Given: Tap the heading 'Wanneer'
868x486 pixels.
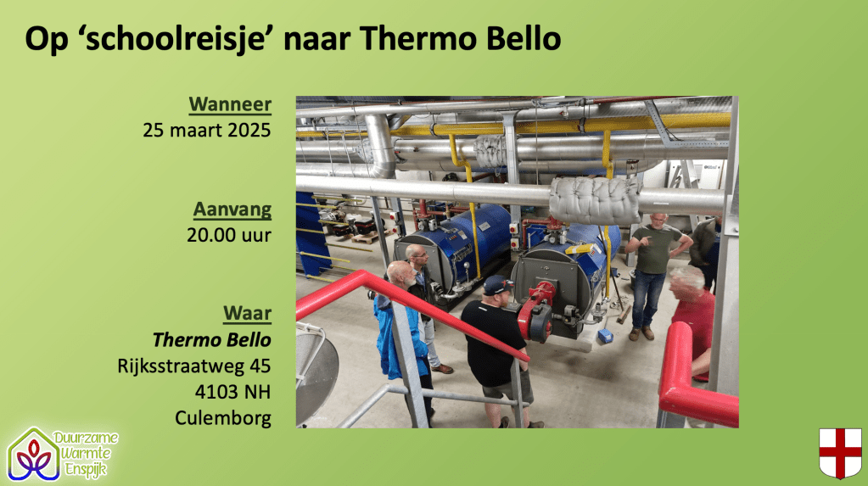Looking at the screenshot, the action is pos(230,104).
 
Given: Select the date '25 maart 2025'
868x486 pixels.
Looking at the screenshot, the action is pos(207,130).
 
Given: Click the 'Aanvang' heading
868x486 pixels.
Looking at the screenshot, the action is pos(232,209).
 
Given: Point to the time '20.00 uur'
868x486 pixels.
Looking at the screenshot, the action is pos(229,235).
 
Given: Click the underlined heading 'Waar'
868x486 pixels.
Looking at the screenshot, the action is pos(248,313).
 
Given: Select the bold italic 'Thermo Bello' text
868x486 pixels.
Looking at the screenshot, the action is pos(212,340).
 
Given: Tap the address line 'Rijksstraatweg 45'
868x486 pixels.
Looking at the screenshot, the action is pos(194,366).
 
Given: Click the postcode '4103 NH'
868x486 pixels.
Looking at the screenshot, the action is pos(233,392).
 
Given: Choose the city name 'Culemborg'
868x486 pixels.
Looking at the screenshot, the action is pos(223,418).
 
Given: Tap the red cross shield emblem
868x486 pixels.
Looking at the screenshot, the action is pos(840,453).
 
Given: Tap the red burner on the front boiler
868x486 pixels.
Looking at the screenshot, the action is pos(536,310).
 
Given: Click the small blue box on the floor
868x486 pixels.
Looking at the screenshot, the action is pos(604,335).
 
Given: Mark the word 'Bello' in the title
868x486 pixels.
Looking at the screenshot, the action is pos(524,39).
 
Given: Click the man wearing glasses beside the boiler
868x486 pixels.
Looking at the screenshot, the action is pos(421,288).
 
